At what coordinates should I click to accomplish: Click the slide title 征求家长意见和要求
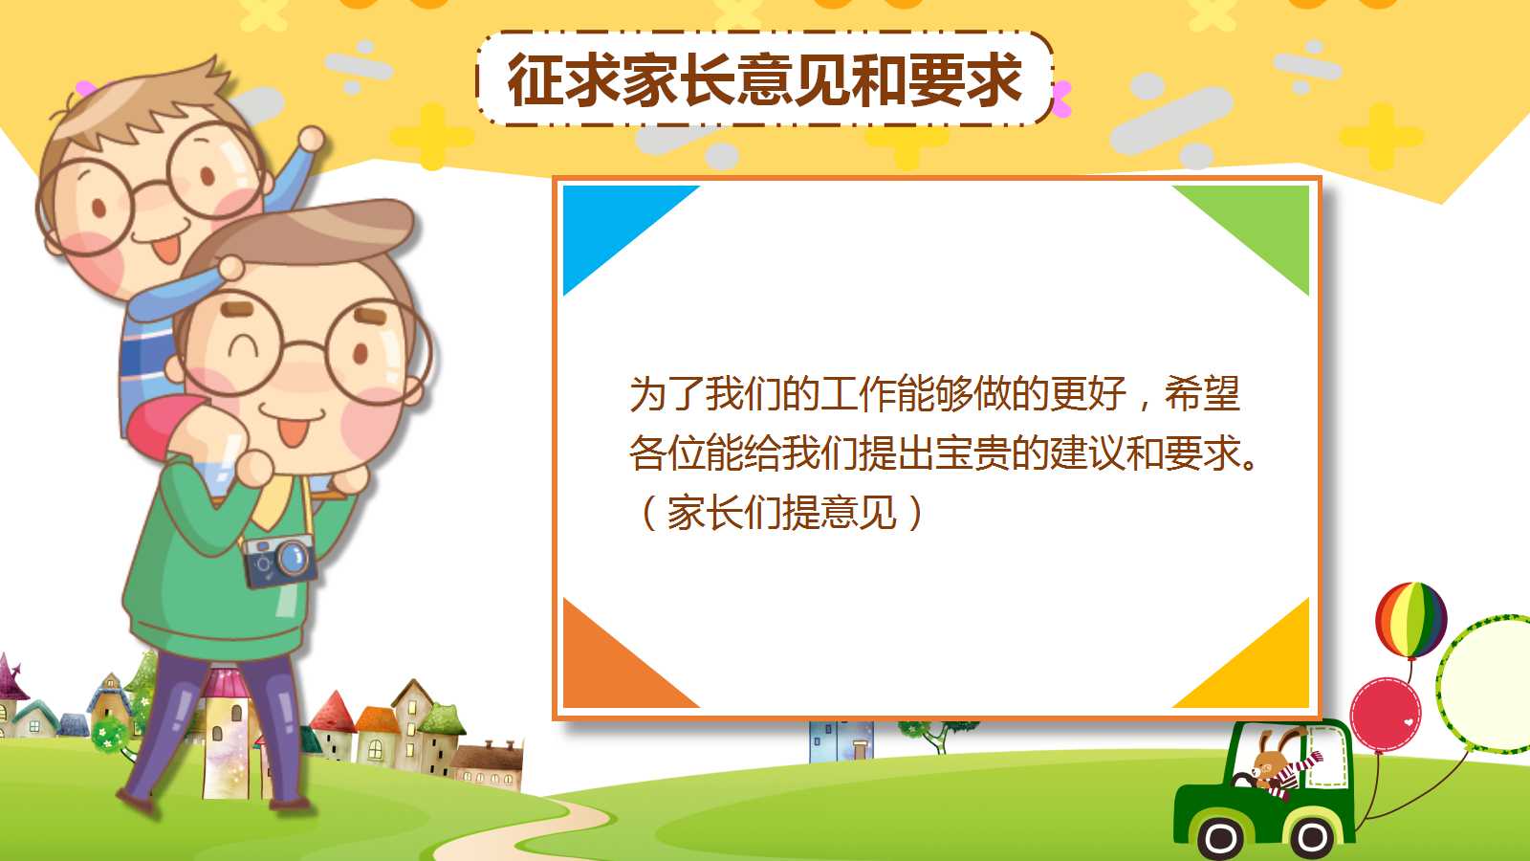pos(765,79)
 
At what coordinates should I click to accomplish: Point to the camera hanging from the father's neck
pos(279,561)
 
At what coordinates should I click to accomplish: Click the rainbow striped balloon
pos(1410,619)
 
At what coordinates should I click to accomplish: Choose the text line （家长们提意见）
pos(780,513)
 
